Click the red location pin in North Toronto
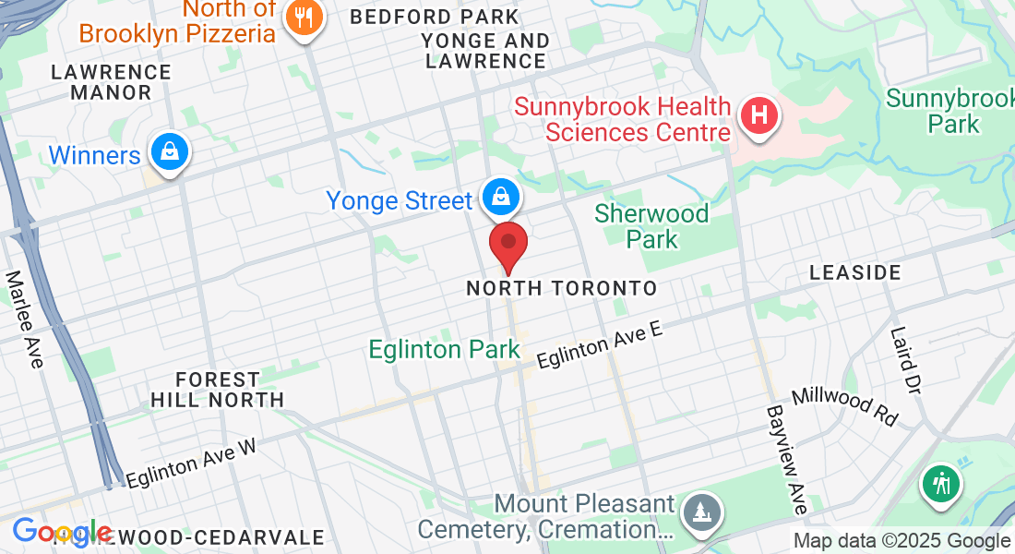click(507, 243)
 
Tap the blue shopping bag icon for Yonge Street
click(499, 196)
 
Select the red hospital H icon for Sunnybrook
click(759, 117)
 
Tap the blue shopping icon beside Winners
click(170, 151)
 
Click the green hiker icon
click(941, 483)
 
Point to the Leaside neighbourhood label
click(854, 272)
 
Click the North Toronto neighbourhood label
click(561, 288)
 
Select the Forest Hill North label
click(217, 390)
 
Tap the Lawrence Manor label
click(111, 82)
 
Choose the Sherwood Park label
click(651, 226)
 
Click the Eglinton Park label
click(444, 350)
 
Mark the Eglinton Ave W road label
click(191, 463)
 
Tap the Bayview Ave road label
click(787, 459)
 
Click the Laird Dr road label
click(906, 360)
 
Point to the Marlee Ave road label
click(25, 319)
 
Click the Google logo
click(61, 532)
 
